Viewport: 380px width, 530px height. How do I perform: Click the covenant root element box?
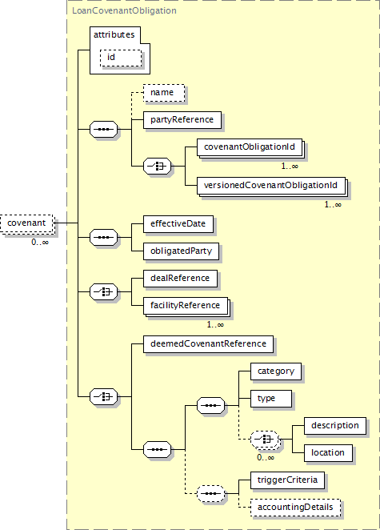click(x=26, y=223)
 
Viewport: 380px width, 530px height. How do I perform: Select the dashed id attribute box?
click(x=121, y=58)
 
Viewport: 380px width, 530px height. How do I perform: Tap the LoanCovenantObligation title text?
click(x=124, y=11)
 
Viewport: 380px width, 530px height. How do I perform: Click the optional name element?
click(x=164, y=93)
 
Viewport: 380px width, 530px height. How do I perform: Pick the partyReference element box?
click(x=182, y=119)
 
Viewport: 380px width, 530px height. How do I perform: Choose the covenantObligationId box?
click(x=250, y=147)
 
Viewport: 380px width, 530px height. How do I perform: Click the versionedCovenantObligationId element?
click(x=271, y=185)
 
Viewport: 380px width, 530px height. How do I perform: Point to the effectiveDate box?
click(x=178, y=223)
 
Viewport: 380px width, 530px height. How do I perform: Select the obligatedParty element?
click(x=181, y=251)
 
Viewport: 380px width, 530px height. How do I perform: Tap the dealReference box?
click(x=180, y=278)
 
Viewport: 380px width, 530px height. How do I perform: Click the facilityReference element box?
click(x=186, y=306)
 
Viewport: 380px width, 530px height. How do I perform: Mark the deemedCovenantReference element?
click(x=209, y=343)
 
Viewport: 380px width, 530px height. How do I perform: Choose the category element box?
click(x=276, y=371)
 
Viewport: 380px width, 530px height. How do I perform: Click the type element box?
click(x=271, y=399)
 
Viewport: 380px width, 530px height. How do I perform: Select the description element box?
click(x=335, y=426)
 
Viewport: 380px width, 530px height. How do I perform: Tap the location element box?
click(x=328, y=453)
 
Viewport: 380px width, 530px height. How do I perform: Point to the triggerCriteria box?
click(x=287, y=480)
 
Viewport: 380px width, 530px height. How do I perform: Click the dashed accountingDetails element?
click(x=295, y=508)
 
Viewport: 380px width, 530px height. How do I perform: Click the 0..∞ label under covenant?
click(x=40, y=242)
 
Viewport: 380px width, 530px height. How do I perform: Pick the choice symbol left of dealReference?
click(x=104, y=291)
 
